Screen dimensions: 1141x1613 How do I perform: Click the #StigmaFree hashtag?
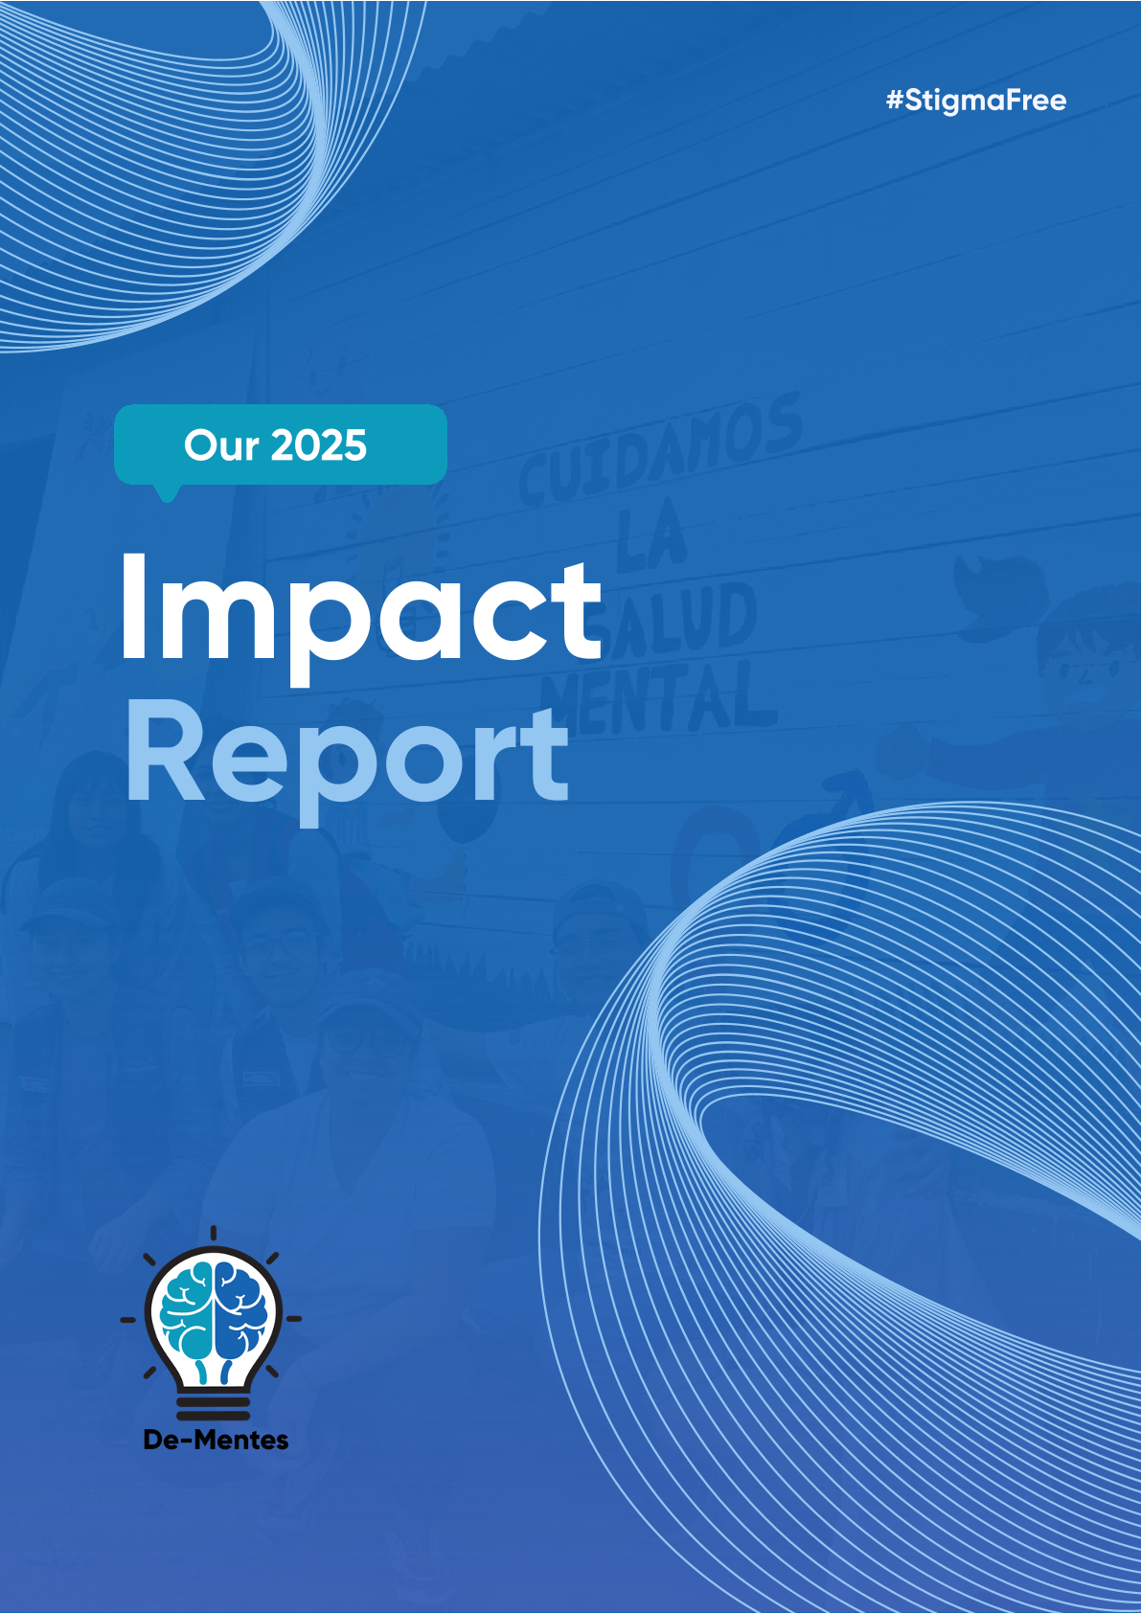tap(976, 101)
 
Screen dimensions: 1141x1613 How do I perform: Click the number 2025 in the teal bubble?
tap(319, 445)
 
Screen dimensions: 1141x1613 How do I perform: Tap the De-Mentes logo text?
tap(217, 1440)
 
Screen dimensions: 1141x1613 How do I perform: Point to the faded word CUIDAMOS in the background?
tap(659, 448)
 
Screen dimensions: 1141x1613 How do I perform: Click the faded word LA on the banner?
tap(650, 537)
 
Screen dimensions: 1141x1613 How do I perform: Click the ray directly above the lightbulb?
tap(214, 1233)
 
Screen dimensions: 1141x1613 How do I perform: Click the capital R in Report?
tap(165, 749)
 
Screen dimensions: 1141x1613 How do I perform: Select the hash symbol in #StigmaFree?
tap(894, 100)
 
